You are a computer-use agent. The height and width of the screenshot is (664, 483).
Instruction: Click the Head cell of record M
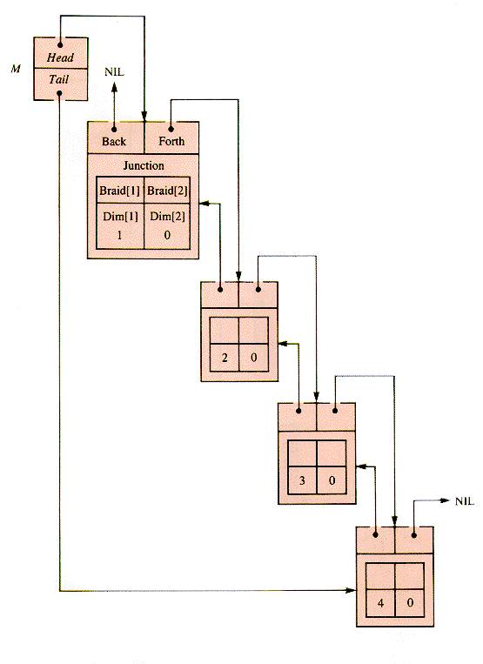[61, 52]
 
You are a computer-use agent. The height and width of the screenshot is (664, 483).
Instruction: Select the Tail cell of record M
[61, 84]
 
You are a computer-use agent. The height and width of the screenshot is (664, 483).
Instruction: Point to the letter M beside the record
[16, 69]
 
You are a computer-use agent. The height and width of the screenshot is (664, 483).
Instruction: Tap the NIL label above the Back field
[114, 72]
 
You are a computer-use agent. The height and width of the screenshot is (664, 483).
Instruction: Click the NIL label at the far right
[465, 501]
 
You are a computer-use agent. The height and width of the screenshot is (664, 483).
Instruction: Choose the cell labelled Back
[116, 137]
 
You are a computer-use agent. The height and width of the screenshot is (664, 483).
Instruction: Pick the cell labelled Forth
[171, 137]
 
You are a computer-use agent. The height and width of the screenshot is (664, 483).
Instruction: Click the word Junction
[144, 165]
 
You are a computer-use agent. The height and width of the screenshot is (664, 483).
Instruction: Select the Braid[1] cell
[120, 190]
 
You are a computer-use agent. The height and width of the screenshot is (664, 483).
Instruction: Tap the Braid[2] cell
[167, 190]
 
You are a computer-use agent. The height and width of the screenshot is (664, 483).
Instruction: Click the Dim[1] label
[120, 217]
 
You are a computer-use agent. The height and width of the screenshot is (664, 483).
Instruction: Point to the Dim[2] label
[167, 217]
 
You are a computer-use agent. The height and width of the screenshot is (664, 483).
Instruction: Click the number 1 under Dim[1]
[119, 235]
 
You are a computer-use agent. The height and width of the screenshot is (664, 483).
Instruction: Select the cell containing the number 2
[225, 358]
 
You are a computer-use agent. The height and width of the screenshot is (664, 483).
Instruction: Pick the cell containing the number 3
[302, 480]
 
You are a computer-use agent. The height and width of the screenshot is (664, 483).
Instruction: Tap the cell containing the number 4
[380, 602]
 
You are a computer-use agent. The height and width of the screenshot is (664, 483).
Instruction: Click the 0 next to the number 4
[410, 602]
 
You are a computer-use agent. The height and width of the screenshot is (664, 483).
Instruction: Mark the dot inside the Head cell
[61, 44]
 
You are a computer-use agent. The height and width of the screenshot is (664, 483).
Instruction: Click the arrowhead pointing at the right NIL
[445, 500]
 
